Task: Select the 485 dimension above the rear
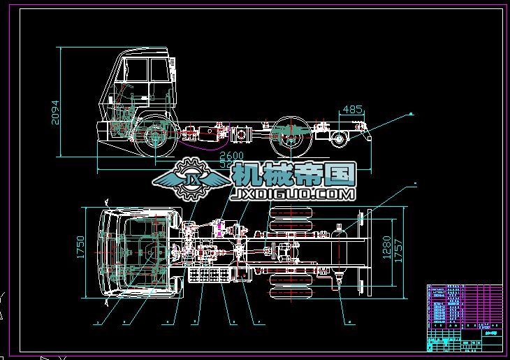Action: click(x=354, y=110)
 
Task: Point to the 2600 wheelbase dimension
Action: click(x=233, y=155)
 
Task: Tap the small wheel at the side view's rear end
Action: click(x=340, y=138)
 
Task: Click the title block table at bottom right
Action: click(x=464, y=317)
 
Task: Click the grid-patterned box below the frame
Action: click(x=210, y=274)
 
